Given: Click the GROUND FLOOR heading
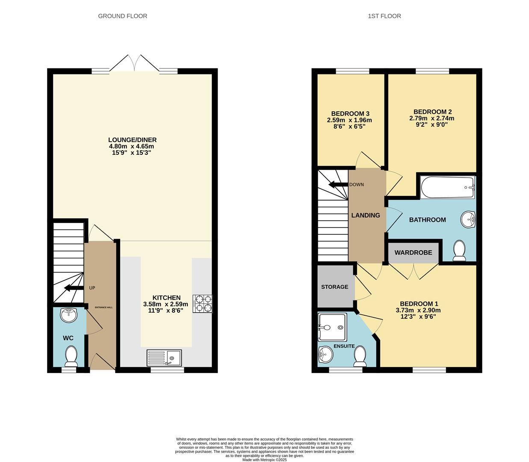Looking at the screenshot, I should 122,16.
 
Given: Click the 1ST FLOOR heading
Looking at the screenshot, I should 384,16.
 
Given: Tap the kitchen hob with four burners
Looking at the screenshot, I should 203,303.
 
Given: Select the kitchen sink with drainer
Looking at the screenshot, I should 164,358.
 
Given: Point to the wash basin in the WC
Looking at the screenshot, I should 68,315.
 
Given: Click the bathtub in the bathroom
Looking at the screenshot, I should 447,187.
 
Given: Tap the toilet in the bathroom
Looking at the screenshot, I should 459,250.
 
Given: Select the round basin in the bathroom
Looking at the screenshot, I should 469,220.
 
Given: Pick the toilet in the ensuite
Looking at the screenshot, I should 360,356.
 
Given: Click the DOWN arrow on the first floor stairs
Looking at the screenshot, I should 338,185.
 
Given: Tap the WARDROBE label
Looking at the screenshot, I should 413,253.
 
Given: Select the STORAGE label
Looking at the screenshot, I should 334,287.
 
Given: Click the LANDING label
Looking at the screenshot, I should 366,216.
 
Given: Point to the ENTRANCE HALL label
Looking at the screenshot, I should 104,307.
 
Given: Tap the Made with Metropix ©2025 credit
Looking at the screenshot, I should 264,460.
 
